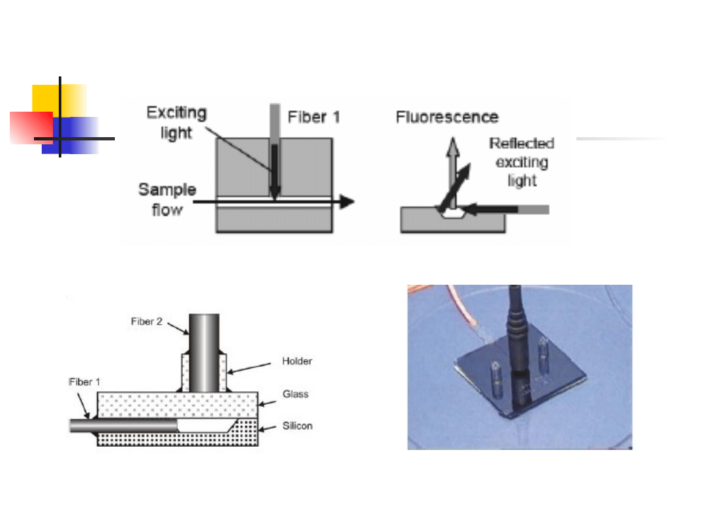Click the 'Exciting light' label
(x=176, y=123)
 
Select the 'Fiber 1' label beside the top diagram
(x=314, y=118)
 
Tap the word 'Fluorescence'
(x=447, y=118)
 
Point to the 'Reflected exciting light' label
(x=522, y=161)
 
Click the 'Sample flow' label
(x=166, y=199)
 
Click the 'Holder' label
(x=297, y=361)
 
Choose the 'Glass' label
(x=295, y=394)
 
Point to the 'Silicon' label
(x=297, y=426)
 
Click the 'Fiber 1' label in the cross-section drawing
(x=85, y=382)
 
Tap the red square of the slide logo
(x=30, y=127)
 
